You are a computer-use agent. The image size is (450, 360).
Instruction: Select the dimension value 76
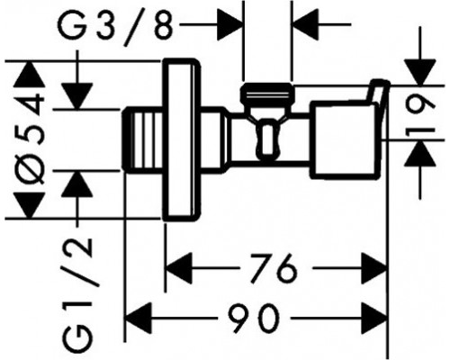274,268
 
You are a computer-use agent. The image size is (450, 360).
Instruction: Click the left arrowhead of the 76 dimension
180,269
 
